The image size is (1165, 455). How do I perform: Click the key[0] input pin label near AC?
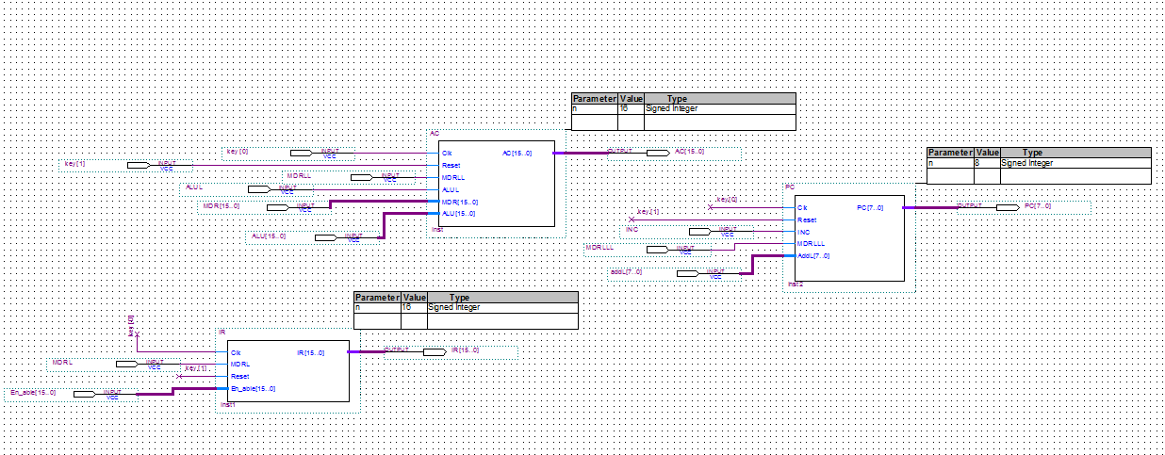coord(238,152)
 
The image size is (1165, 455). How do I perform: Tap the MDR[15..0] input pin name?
coord(222,206)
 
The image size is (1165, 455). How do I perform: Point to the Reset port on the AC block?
coord(451,165)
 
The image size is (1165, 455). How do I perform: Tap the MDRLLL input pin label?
coord(599,248)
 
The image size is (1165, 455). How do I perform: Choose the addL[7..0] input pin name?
coord(626,272)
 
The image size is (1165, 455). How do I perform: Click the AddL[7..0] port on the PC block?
coord(813,255)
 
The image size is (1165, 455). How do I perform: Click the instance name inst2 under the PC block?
coord(796,284)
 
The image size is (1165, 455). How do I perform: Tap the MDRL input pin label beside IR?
coord(62,363)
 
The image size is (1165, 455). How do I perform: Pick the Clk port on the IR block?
coord(237,352)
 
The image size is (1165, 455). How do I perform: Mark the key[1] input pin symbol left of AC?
coord(138,165)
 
